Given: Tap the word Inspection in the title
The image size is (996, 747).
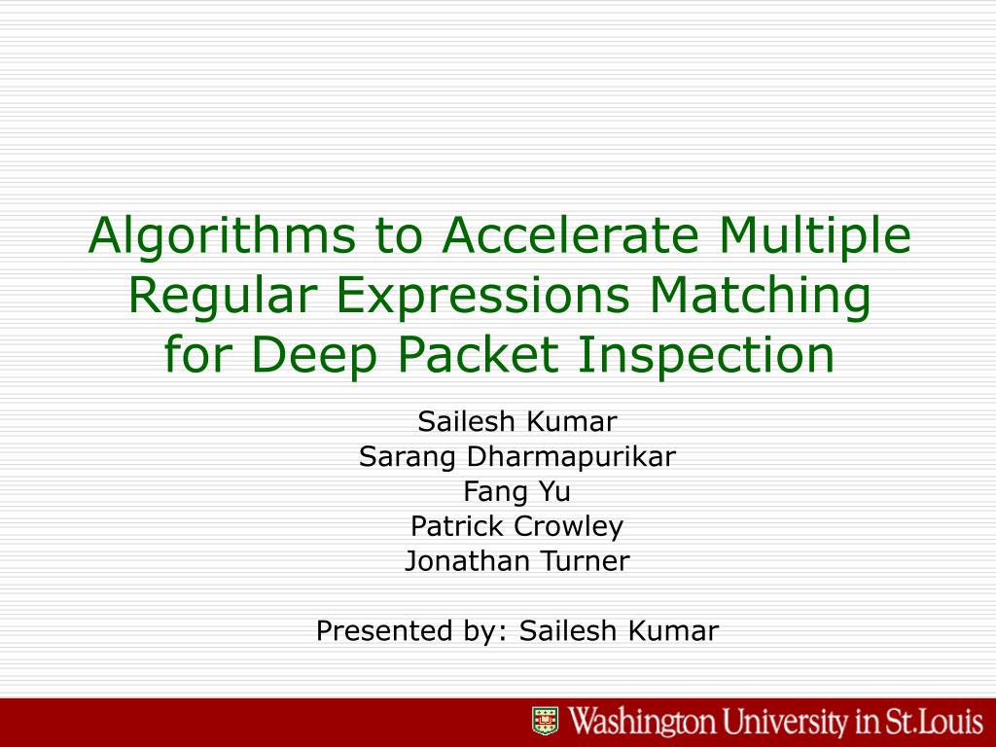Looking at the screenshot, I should (x=707, y=355).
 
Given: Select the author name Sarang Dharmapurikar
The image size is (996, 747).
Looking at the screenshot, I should (x=516, y=456).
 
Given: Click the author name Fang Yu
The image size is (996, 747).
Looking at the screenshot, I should (x=516, y=491).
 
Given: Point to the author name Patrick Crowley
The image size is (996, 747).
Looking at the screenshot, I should (x=516, y=526).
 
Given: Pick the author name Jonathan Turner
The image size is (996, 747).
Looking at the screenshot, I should (x=516, y=561).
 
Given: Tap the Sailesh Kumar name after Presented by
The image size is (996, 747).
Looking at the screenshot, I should (x=619, y=631).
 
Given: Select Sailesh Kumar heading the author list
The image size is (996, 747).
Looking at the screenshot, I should (x=516, y=421).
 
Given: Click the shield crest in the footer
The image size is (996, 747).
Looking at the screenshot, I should (x=546, y=722).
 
